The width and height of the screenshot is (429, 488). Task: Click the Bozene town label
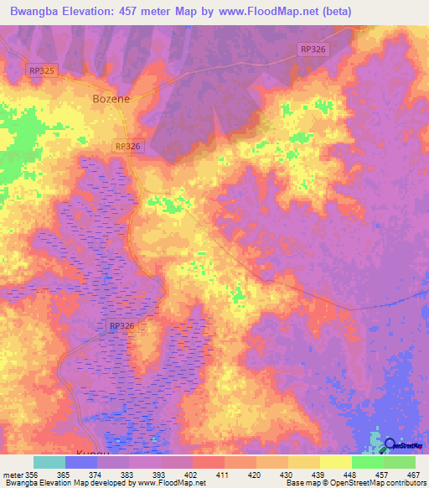click(110, 98)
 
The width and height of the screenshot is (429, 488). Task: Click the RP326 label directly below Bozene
click(128, 146)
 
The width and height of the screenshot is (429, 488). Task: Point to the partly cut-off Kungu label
click(93, 452)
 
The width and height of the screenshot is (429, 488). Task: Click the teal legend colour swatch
click(49, 462)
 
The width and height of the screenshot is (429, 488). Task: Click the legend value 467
click(411, 474)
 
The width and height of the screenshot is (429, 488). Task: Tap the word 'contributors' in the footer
click(401, 484)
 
